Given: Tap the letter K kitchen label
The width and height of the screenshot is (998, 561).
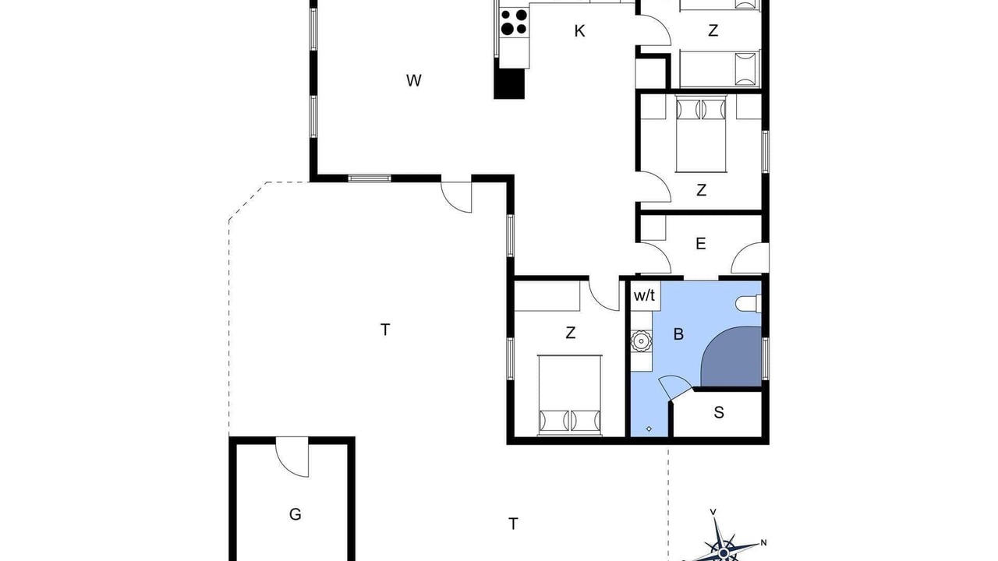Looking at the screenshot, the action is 579,31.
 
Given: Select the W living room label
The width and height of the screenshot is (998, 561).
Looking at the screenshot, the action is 413,80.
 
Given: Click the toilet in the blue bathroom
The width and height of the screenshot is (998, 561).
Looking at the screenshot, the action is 748,304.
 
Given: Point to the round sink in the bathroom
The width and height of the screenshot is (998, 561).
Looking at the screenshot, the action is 641,341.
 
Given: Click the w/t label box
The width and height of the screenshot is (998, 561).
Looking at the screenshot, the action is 645,295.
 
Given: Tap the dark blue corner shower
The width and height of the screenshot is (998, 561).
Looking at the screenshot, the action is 731,357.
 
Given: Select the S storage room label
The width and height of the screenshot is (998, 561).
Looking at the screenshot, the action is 719,413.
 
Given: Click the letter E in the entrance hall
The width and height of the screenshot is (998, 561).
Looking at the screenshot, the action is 701,244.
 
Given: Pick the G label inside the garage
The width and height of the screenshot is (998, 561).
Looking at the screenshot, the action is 295,515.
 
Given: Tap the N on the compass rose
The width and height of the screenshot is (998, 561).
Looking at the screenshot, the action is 763,543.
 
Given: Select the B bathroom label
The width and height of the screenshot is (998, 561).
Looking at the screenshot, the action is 678,334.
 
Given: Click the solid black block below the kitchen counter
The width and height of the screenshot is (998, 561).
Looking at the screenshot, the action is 509,83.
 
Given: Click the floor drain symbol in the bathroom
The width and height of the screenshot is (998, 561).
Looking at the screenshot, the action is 649,429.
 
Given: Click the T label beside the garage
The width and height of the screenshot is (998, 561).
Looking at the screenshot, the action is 513,524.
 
